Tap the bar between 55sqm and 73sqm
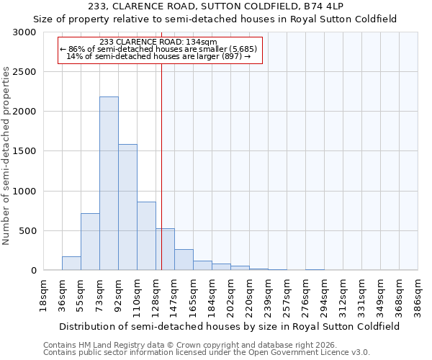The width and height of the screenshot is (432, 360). [x=90, y=242]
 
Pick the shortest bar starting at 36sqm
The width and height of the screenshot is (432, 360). [x=71, y=264]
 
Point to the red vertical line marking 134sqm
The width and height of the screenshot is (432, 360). [x=161, y=166]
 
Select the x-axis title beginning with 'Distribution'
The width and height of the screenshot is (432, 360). [x=230, y=326]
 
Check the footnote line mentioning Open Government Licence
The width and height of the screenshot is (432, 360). [x=207, y=353]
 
